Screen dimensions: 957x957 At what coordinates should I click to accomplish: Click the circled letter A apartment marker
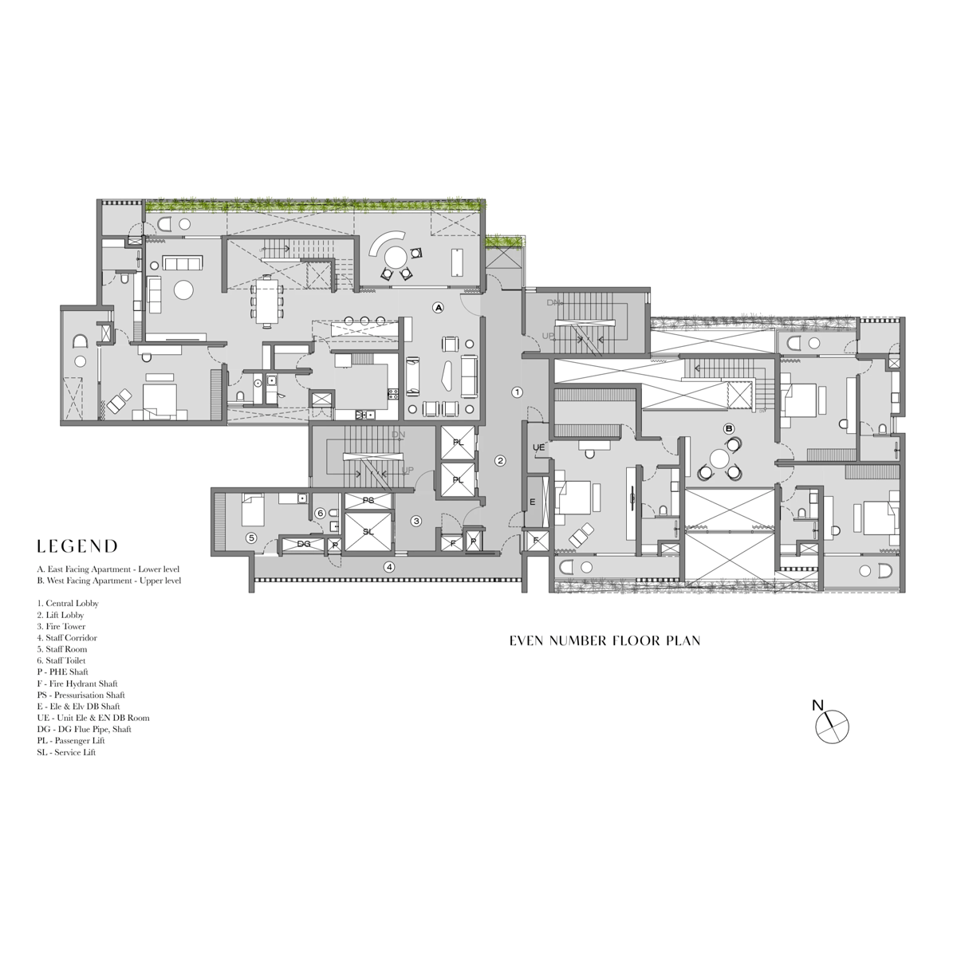click(x=438, y=308)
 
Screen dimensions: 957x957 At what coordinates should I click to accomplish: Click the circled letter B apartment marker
click(x=729, y=428)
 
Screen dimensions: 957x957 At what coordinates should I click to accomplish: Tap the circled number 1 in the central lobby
click(x=517, y=392)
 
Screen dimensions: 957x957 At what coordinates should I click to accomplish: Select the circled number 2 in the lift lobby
click(x=500, y=461)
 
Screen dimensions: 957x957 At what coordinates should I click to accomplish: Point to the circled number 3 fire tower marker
click(x=416, y=521)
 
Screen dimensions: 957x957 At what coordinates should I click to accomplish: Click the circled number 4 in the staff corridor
click(x=390, y=567)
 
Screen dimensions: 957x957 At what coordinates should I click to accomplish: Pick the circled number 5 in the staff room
click(x=252, y=538)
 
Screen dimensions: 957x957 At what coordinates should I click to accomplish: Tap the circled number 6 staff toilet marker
click(x=321, y=513)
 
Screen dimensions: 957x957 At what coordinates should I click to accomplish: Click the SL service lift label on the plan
click(x=368, y=532)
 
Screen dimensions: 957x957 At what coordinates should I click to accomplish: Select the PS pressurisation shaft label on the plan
click(x=368, y=501)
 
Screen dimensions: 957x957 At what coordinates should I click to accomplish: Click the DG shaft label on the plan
click(x=304, y=544)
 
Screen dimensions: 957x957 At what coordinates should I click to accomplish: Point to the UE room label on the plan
click(x=538, y=447)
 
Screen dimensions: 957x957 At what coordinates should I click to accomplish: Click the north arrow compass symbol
click(x=832, y=726)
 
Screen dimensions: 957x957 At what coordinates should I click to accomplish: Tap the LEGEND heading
click(x=77, y=547)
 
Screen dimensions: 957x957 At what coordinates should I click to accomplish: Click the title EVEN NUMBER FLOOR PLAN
click(x=605, y=640)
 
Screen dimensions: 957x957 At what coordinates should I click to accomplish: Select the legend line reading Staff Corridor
click(x=67, y=638)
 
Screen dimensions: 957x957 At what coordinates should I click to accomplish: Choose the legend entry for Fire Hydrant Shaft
click(x=77, y=683)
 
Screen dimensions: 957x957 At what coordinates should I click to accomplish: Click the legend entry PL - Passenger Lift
click(x=70, y=740)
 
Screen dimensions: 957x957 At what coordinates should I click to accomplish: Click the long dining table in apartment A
click(x=268, y=301)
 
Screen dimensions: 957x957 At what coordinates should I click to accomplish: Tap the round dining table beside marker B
click(x=719, y=458)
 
